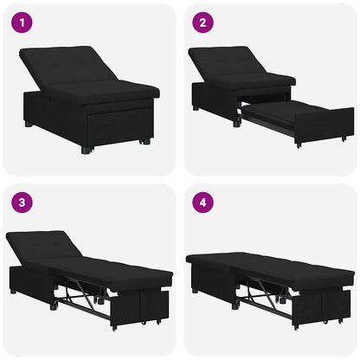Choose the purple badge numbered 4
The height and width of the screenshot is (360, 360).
(201, 203)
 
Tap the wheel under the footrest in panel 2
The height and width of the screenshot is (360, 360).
(298, 144)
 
